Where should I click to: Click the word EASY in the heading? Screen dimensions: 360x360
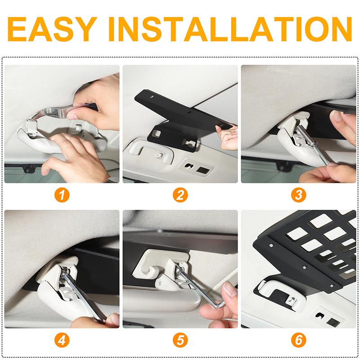coord(52,29)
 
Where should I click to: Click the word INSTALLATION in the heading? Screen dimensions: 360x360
coord(230,29)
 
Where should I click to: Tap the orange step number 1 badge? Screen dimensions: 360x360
coord(62,195)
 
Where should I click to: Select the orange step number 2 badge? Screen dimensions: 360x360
coord(180,195)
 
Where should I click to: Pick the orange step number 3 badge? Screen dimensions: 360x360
coord(298,195)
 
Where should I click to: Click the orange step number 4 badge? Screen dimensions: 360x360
coord(62,340)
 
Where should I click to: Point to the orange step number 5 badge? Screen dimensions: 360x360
coord(180,340)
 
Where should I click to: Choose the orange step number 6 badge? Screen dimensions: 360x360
coord(298,340)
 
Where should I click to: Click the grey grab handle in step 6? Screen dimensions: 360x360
coord(281,293)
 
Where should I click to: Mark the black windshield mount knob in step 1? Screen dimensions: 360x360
coord(29,169)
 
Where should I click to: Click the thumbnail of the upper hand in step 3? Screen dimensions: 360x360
coord(336,116)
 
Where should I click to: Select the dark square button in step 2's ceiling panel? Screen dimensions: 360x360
coord(203,171)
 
